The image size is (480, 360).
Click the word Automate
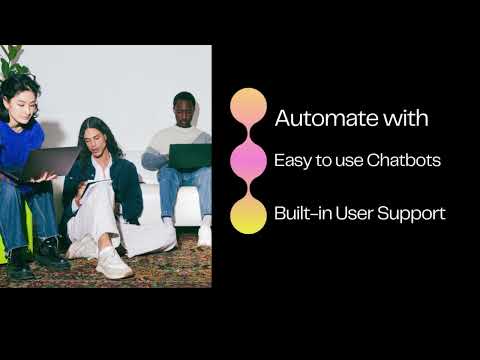pos(321,118)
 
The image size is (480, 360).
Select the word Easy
pos(292,161)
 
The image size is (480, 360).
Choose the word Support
pos(413,214)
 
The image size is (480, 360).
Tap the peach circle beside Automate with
pos(248,106)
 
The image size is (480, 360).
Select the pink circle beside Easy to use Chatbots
pos(248,160)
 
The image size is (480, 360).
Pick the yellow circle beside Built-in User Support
pos(248,214)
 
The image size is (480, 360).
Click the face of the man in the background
pos(183,108)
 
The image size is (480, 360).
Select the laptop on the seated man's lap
pos(190,156)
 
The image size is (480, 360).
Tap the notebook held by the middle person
pos(95,185)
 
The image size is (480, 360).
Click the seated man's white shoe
pos(204,235)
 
